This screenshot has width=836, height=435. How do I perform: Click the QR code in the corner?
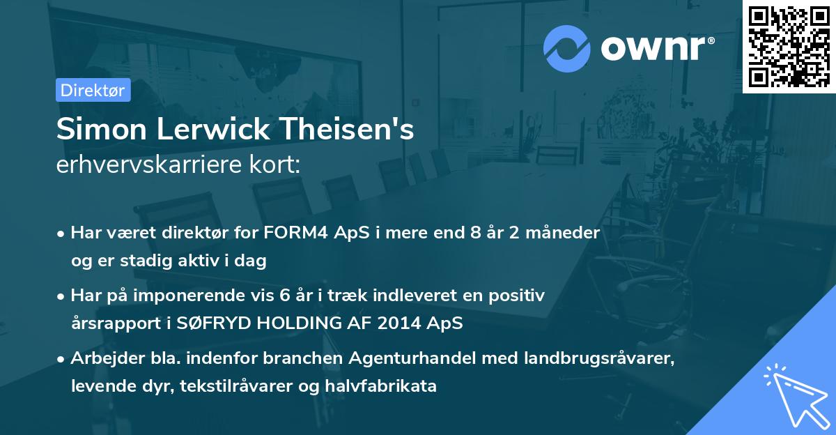click(789, 46)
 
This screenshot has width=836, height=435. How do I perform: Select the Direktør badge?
click(93, 91)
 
